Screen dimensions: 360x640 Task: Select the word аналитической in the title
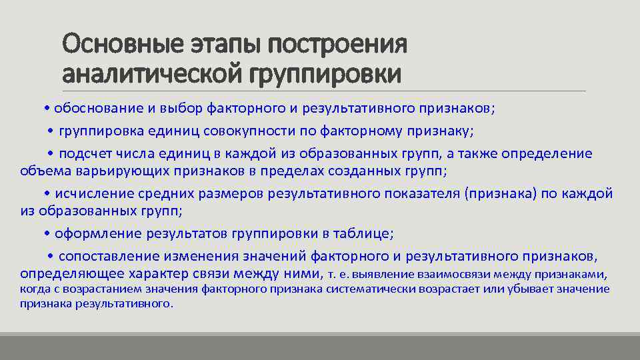pos(153,73)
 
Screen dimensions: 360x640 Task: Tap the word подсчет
pos(89,153)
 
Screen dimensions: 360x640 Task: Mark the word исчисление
pos(93,193)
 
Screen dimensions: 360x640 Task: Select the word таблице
pos(367,233)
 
